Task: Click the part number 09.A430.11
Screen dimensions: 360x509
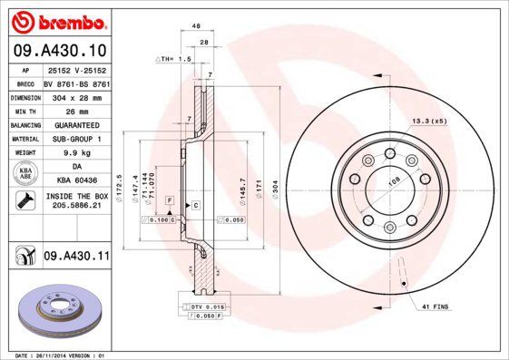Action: pyautogui.click(x=76, y=257)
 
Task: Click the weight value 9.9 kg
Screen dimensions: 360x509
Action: pyautogui.click(x=76, y=153)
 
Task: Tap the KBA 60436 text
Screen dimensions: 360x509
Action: pyautogui.click(x=76, y=181)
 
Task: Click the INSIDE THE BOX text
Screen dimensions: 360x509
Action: pyautogui.click(x=76, y=196)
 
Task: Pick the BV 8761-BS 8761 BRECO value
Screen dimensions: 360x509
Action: pyautogui.click(x=76, y=82)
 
